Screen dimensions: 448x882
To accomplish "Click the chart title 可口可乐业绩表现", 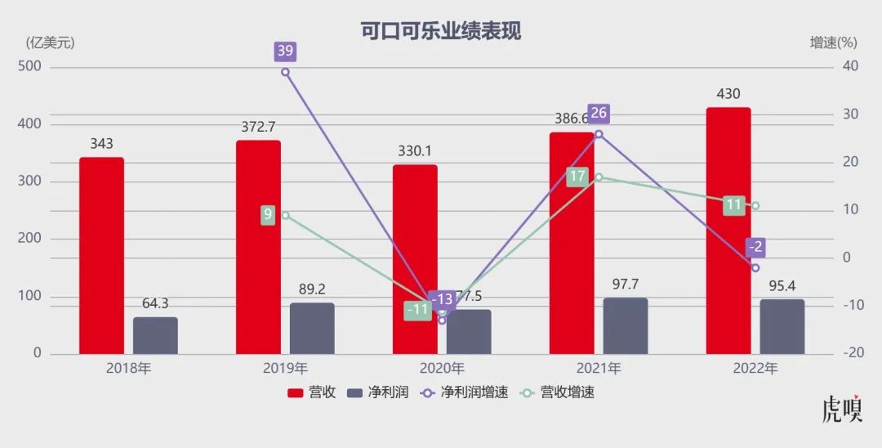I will point(441,31).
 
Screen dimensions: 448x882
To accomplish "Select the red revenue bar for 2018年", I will point(101,255).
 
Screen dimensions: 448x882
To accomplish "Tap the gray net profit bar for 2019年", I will point(312,329).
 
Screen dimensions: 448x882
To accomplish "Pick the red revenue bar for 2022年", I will point(728,231).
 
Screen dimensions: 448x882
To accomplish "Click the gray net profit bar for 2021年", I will point(626,326).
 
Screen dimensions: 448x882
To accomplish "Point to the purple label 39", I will point(285,51).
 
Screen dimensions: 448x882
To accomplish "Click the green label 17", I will point(577,177).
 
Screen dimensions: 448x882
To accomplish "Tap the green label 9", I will point(267,216).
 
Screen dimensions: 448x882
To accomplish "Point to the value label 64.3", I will point(155,303).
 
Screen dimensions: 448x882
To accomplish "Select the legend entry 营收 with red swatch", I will point(311,392).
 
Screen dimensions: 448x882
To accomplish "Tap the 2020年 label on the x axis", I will point(442,368).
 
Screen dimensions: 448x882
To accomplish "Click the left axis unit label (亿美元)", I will point(50,43).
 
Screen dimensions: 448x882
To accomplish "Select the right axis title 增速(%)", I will point(833,43).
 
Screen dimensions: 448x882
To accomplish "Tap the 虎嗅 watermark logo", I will point(842,410).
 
